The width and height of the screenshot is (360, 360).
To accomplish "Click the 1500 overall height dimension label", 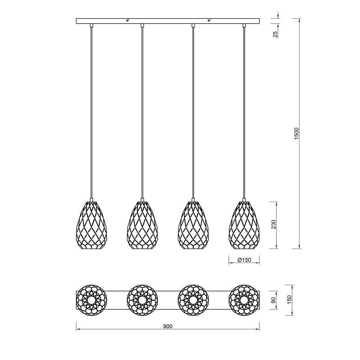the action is pos(297,134).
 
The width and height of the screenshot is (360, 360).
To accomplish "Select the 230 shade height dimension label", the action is pos(274,225).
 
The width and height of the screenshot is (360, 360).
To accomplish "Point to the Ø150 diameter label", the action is pos(244,260).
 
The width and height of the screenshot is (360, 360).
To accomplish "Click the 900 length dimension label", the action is pos(168,326).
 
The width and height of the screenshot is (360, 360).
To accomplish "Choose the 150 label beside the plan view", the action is pos(289,300).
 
